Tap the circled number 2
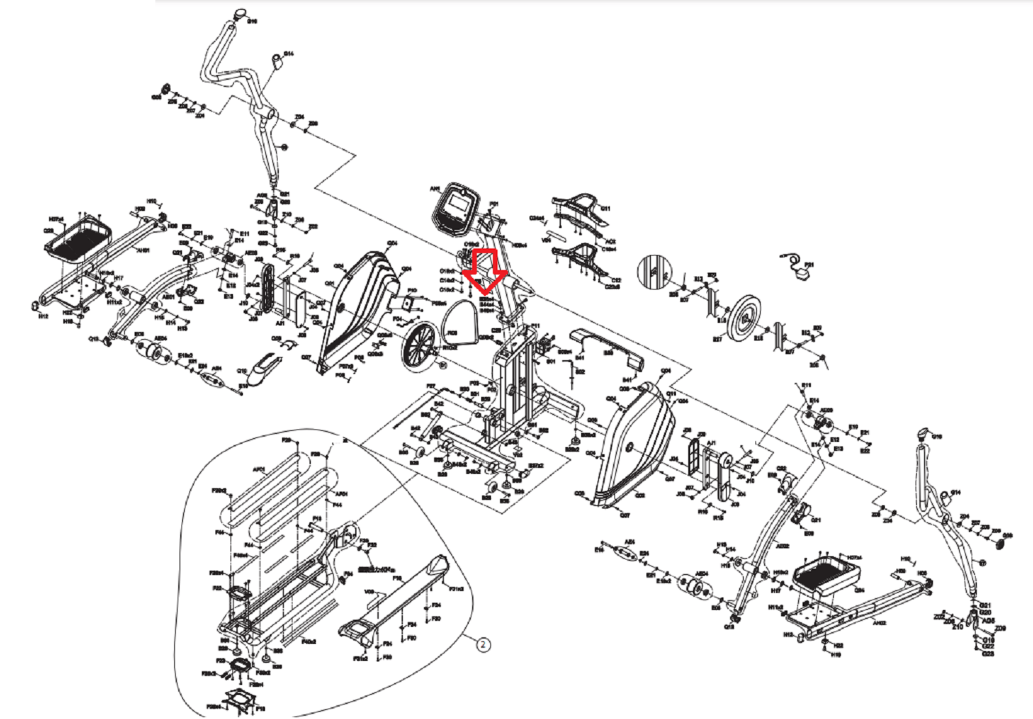coord(483,644)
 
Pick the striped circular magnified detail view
coord(654,271)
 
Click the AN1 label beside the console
coord(435,190)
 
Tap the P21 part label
coord(809,265)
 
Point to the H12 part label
coord(43,316)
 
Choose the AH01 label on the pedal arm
coord(143,250)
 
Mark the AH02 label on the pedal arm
coord(880,623)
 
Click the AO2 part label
coord(611,242)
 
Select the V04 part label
coord(547,239)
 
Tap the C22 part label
coord(616,280)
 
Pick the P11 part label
coord(535,325)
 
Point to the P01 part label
coord(494,204)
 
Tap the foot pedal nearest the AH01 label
coord(78,237)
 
